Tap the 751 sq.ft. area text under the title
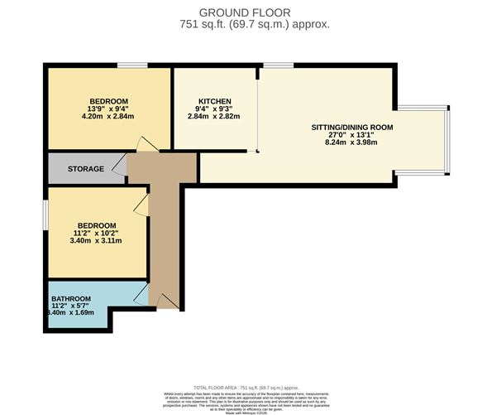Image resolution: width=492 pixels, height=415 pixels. point(255,25)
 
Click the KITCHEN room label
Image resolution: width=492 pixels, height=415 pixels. point(202,101)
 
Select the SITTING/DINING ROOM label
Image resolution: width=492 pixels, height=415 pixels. point(351,128)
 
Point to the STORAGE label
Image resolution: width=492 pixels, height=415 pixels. point(86,169)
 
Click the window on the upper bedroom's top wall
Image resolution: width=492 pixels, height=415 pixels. point(127,65)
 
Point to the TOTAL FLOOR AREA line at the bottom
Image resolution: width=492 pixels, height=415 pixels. point(248,387)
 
